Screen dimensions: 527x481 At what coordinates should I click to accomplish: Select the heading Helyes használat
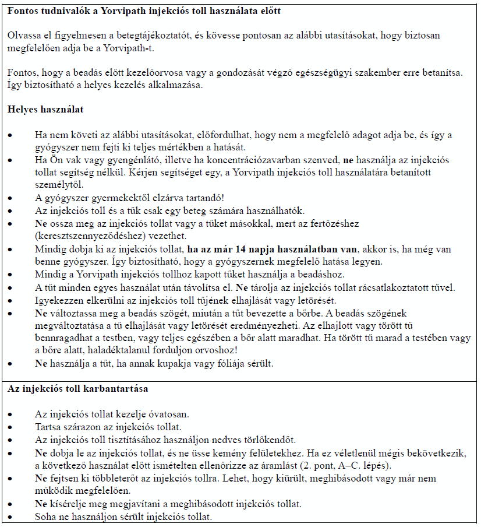(x=45, y=109)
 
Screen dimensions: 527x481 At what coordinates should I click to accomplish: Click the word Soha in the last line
(x=45, y=517)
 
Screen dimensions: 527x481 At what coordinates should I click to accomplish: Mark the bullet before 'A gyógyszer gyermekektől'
(x=10, y=198)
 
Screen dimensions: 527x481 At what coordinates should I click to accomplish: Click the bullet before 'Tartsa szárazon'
(x=10, y=427)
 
